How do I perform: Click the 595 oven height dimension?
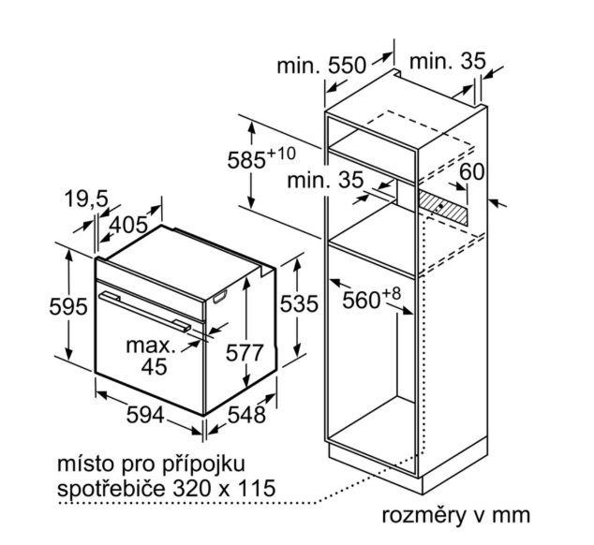[68, 306]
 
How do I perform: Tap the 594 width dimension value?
[145, 415]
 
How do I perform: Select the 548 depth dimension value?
[246, 415]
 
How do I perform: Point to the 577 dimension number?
[245, 353]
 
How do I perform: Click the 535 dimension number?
[299, 303]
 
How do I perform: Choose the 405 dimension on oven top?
[128, 225]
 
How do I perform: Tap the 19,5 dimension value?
[86, 199]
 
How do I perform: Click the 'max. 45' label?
[152, 356]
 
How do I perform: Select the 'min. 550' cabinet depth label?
[321, 66]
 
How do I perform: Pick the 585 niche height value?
[246, 160]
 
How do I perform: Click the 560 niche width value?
[361, 301]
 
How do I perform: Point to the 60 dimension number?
[471, 171]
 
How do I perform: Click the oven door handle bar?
[144, 312]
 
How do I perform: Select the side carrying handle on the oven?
[220, 297]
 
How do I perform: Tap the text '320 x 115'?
[224, 488]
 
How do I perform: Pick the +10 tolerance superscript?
[281, 154]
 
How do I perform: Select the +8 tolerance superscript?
[391, 293]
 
